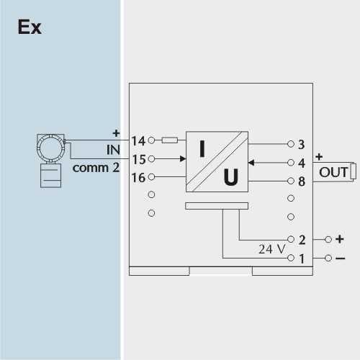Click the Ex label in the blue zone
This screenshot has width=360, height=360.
[x=30, y=27]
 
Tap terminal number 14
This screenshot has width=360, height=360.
[x=138, y=140]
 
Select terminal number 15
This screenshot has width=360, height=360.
[x=139, y=159]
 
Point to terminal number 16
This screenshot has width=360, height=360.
[x=138, y=178]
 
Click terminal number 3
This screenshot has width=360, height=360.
[x=302, y=144]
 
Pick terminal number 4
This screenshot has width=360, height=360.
[x=302, y=163]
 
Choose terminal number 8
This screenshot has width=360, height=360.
[x=302, y=181]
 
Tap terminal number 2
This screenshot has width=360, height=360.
[x=302, y=240]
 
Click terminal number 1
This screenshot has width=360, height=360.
[x=302, y=258]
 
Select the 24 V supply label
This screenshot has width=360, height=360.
[x=272, y=249]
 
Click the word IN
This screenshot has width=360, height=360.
[x=113, y=150]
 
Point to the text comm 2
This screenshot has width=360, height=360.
[x=96, y=168]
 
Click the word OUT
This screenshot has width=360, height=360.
[x=333, y=172]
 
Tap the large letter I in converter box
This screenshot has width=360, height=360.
[x=202, y=149]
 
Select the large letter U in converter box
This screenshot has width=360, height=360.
[x=231, y=177]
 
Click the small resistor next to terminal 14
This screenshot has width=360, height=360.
[x=170, y=140]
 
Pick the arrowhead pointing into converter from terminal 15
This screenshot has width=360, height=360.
[x=183, y=158]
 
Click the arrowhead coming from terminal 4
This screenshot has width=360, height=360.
[x=251, y=163]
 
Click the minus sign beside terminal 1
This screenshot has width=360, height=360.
[x=341, y=258]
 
